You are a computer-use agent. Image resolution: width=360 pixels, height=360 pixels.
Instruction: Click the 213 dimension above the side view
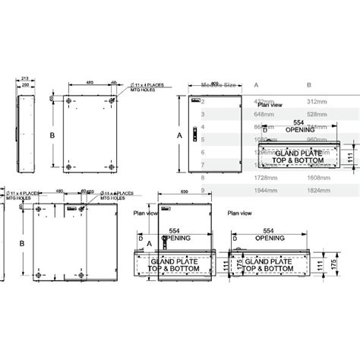pyautogui.click(x=25, y=77)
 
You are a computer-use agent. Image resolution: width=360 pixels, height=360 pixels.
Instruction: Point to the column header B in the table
pyautogui.click(x=309, y=86)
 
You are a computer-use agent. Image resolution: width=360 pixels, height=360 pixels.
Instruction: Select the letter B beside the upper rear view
pyautogui.click(x=52, y=134)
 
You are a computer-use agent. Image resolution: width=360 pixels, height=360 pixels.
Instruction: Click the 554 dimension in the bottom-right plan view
pyautogui.click(x=269, y=229)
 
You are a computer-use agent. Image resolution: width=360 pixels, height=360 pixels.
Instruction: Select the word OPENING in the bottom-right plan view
pyautogui.click(x=269, y=238)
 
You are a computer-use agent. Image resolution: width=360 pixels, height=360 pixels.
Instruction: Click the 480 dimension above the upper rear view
pyautogui.click(x=89, y=81)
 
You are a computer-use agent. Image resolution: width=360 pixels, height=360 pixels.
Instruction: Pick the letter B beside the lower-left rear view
pyautogui.click(x=21, y=243)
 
